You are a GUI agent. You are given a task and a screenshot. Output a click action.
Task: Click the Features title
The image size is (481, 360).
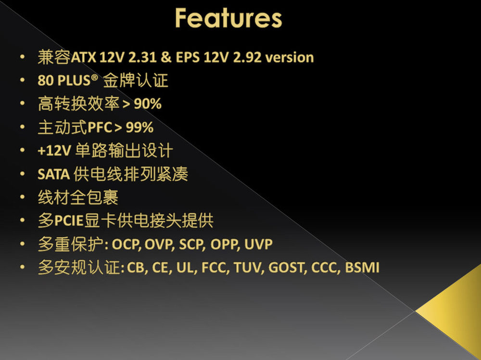coord(228,18)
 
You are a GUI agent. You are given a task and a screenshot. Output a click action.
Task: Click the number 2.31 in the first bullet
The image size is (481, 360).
coord(142,57)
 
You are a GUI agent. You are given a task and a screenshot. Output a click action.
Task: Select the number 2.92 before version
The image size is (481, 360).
coord(247,57)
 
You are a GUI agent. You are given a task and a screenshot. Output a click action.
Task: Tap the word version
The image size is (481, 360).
coord(290,58)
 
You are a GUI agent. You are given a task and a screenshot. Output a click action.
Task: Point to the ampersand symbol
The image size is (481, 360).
coord(166,57)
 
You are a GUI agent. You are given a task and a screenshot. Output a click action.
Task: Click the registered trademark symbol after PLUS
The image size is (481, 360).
coord(94,77)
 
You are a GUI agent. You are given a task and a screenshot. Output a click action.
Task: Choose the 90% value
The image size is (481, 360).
coord(148,104)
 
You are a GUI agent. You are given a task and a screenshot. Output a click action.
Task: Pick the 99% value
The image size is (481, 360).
coord(139,128)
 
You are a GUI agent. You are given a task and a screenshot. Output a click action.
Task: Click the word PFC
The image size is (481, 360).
coord(100,128)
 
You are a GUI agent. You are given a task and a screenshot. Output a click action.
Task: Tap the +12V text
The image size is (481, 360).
coord(54,151)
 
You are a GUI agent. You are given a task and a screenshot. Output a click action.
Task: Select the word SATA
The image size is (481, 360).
coord(54,174)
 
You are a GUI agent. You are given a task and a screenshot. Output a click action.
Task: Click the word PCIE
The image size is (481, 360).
coord(69,220)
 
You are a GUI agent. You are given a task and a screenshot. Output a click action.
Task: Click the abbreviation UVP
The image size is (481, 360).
coord(258,244)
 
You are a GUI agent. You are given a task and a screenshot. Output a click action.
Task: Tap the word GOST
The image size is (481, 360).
coord(287,268)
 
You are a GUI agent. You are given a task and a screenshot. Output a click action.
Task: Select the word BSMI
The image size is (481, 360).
coord(362,268)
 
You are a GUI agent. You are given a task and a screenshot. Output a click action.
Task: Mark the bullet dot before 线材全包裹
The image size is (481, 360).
coord(22,197)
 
